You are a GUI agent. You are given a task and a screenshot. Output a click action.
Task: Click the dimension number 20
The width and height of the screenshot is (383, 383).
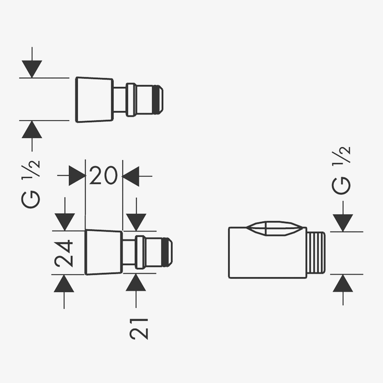pyautogui.click(x=103, y=176)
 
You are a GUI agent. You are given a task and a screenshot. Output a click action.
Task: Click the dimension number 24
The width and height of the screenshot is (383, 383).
pyautogui.click(x=64, y=254)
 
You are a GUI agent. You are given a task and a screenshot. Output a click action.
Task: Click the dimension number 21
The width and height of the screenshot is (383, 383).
pyautogui.click(x=139, y=329)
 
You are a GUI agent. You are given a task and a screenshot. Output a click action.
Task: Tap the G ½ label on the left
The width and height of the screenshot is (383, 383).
pyautogui.click(x=31, y=184)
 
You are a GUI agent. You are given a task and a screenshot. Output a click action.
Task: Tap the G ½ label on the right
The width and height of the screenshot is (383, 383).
pyautogui.click(x=341, y=171)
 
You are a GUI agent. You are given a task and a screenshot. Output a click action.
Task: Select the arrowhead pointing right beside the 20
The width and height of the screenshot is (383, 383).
pyautogui.click(x=78, y=176)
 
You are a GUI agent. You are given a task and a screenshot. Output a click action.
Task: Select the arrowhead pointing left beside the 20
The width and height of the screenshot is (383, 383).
pyautogui.click(x=130, y=176)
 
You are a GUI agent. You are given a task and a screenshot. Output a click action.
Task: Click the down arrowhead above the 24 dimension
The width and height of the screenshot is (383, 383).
pyautogui.click(x=65, y=222)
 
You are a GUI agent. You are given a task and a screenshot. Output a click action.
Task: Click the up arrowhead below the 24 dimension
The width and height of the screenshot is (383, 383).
pyautogui.click(x=64, y=284)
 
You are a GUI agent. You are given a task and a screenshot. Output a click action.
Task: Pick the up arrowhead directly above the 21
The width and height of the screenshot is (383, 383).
pyautogui.click(x=136, y=282)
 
